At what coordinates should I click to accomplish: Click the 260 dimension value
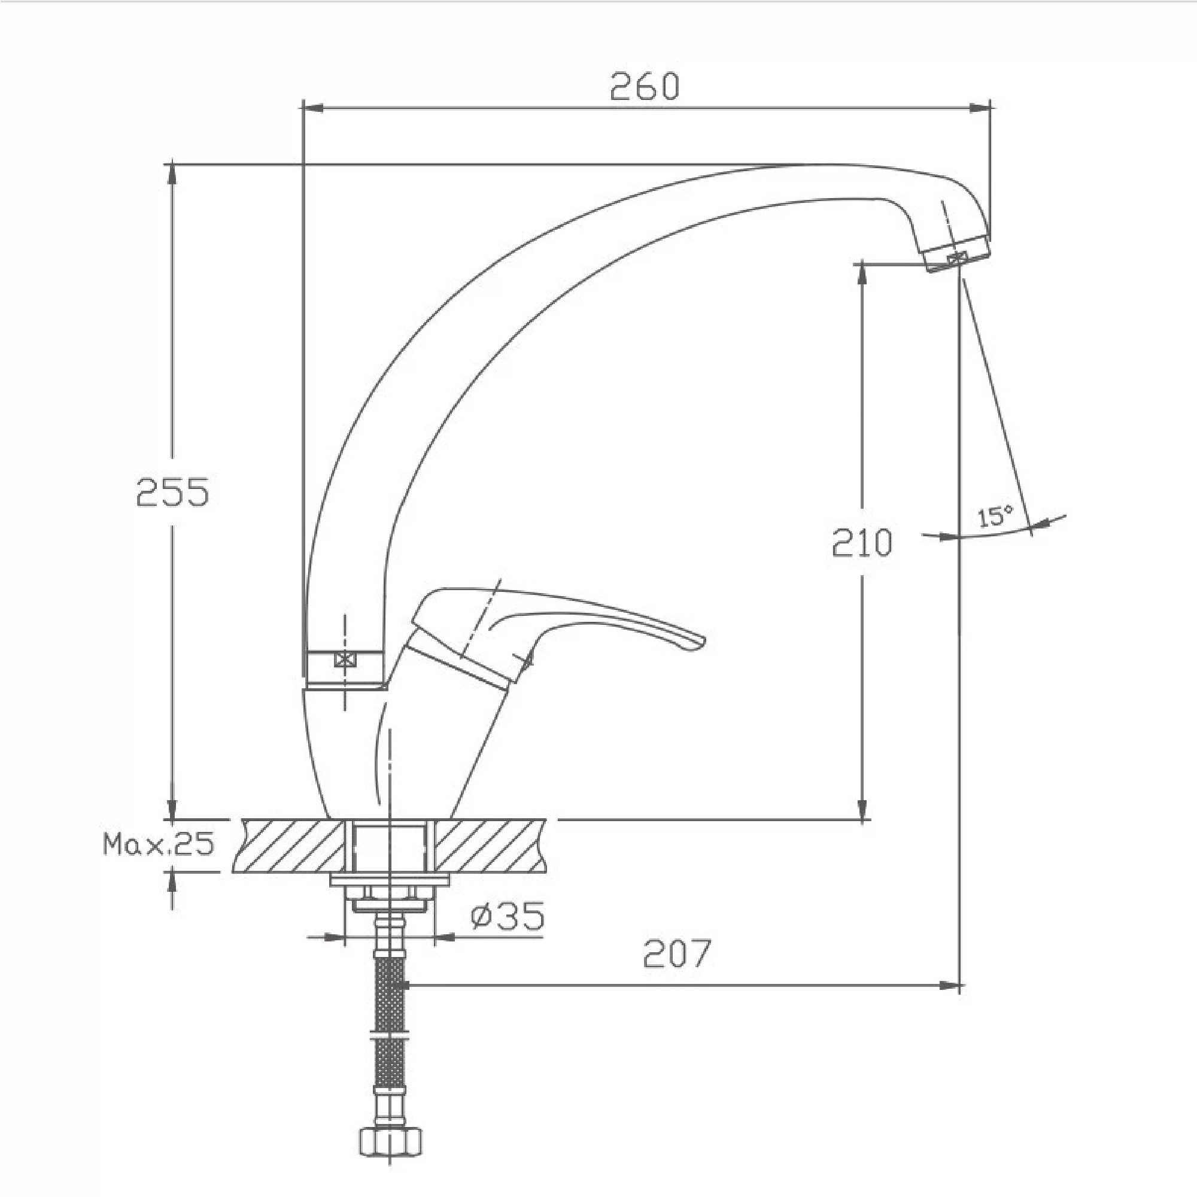645,87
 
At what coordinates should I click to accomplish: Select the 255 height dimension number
173,493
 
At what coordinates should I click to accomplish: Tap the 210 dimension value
861,543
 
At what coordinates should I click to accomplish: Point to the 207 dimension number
677,953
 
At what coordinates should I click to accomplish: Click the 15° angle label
996,516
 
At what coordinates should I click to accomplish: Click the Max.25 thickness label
159,844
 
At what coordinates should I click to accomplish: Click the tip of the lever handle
704,641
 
